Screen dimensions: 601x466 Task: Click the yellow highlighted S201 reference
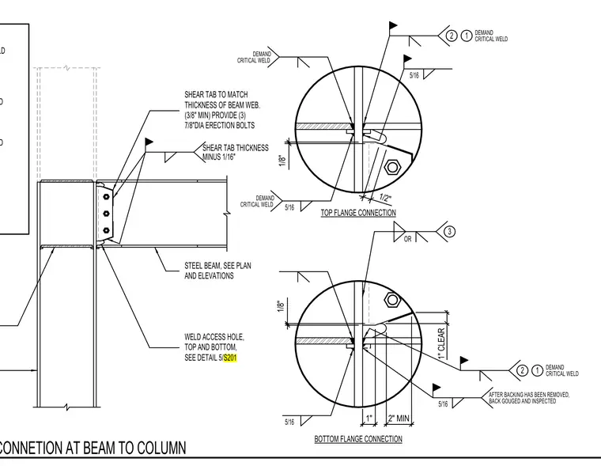230,358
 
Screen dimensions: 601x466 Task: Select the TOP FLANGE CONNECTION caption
358,213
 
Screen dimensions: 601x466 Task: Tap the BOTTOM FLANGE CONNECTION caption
358,439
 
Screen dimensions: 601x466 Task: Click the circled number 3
449,232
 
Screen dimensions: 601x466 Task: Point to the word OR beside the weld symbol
407,239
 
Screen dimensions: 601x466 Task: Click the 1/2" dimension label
385,198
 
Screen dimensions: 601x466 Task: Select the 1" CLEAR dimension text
441,343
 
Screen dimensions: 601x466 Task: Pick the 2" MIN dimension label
399,418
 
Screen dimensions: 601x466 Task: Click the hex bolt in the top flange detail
392,167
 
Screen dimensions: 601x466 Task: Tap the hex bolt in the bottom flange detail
392,300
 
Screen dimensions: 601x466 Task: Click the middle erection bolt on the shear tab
107,214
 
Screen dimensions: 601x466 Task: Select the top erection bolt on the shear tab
106,197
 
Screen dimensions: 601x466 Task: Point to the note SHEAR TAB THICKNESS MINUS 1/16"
236,152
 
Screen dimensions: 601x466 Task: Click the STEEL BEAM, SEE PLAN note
217,265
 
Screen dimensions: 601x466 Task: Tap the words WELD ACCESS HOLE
214,337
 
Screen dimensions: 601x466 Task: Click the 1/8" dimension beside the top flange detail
282,161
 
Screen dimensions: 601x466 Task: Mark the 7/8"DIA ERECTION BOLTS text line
219,126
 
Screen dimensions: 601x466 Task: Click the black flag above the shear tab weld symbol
149,142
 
